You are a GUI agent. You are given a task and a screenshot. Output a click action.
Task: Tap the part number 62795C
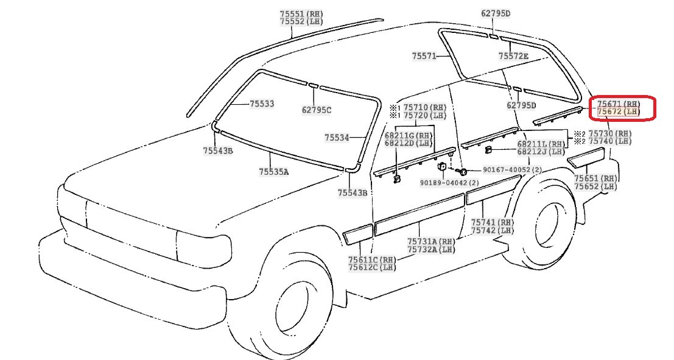(x=316, y=110)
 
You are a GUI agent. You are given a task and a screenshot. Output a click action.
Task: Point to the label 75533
(x=262, y=104)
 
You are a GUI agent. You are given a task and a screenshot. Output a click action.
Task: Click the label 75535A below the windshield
(x=273, y=172)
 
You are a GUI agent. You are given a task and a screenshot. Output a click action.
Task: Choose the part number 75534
(x=337, y=138)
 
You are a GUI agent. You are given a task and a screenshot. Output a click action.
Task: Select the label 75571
(x=424, y=55)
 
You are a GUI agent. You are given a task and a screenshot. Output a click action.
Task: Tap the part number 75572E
(x=513, y=56)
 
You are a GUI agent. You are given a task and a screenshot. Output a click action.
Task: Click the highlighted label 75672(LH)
(x=619, y=112)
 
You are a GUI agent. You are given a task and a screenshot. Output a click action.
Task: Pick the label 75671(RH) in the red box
(x=619, y=104)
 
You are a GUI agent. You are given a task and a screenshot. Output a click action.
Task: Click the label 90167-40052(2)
(x=512, y=170)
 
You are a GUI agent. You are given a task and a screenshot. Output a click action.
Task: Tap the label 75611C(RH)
(x=372, y=259)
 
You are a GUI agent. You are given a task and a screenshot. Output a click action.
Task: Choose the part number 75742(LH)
(x=493, y=231)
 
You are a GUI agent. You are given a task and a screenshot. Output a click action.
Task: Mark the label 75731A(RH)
(x=431, y=241)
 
